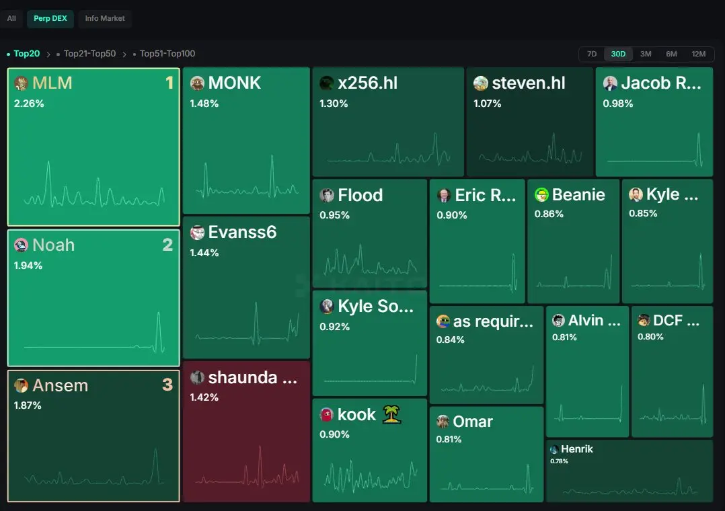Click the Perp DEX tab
coord(50,19)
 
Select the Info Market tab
coord(105,19)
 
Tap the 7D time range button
coord(592,54)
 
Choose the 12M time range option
coord(698,54)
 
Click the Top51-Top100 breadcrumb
coord(167,54)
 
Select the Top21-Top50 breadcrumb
coord(89,54)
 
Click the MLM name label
coord(52,83)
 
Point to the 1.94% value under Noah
coord(28,266)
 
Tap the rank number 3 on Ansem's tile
coord(167,385)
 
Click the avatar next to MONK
coord(198,83)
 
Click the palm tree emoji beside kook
coord(391,414)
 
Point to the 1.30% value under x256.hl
coord(334,104)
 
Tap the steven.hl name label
coord(529,83)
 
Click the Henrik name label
coord(576,449)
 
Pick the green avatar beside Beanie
coord(541,195)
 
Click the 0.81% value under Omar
coord(449,439)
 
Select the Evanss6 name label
coord(242,232)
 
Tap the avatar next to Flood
coord(327,195)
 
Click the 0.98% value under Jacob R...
coord(617,104)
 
